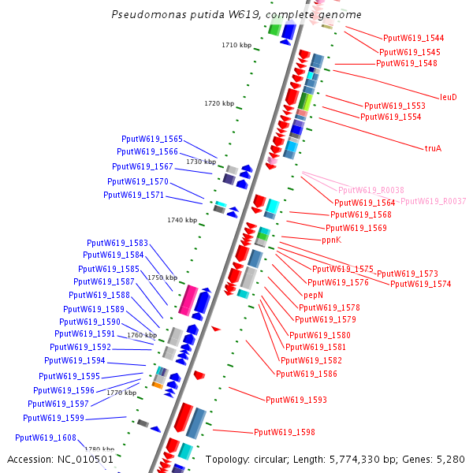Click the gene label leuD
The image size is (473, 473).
tap(448, 97)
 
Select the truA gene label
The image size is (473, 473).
tap(433, 147)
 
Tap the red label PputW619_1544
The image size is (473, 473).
tap(413, 38)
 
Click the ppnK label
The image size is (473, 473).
tap(331, 240)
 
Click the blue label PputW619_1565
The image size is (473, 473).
tap(152, 139)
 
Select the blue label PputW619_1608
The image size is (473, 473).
tap(46, 438)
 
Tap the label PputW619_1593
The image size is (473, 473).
tap(296, 400)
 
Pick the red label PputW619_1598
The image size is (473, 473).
tap(284, 432)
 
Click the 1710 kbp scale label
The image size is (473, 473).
tap(236, 45)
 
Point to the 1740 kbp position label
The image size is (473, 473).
tap(182, 220)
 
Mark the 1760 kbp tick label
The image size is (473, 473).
tap(142, 335)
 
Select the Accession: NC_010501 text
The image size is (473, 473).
tap(60, 459)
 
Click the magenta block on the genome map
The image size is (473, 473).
tap(188, 300)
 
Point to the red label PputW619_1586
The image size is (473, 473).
tap(306, 374)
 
